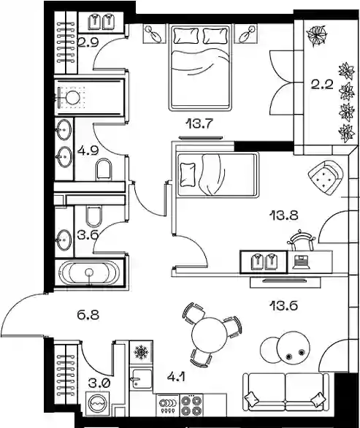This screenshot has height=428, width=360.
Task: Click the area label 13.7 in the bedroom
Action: (x=199, y=124)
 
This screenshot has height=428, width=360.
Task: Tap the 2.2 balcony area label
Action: (x=322, y=84)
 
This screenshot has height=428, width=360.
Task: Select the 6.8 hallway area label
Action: (x=88, y=316)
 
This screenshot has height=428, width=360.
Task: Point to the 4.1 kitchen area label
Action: (x=176, y=378)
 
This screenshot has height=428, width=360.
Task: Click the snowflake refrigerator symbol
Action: (x=141, y=352)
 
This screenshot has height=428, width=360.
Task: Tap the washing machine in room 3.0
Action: (x=97, y=402)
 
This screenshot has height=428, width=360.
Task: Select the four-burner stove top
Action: (x=191, y=405)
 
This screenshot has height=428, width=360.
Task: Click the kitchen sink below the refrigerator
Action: (x=141, y=378)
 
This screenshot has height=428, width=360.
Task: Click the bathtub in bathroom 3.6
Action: (x=88, y=272)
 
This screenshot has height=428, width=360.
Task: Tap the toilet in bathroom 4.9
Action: (x=104, y=169)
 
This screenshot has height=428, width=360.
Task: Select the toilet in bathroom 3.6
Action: (x=94, y=215)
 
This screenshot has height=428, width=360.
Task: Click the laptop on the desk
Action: (x=301, y=263)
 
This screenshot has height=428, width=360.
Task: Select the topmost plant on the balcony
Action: (x=317, y=34)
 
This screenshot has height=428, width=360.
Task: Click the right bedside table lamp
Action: (x=247, y=34)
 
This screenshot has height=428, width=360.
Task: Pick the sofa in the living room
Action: (x=286, y=392)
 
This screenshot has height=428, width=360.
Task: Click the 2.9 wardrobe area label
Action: (x=88, y=42)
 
